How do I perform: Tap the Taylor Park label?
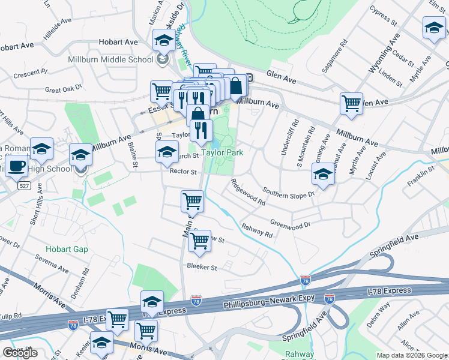point(222,152)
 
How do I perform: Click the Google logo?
point(20,353)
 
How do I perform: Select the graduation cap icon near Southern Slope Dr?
point(323,175)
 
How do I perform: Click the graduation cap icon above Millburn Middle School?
point(162,40)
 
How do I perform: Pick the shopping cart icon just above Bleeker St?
point(199,241)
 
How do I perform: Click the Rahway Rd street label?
point(256,230)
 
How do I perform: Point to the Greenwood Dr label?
point(290,224)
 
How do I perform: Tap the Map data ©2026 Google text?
point(411,355)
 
